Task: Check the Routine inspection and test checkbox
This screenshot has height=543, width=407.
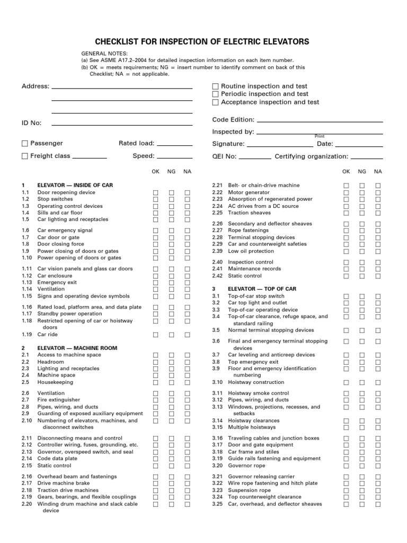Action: coord(215,86)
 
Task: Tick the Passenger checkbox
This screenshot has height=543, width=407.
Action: coord(25,143)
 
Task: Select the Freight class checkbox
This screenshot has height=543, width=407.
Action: coord(25,156)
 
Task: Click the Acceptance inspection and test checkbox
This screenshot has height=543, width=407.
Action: coord(215,102)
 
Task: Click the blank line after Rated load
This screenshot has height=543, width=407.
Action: coord(175,144)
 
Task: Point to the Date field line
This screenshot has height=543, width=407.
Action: coord(359,145)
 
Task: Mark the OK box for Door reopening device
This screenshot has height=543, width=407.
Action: coord(156,192)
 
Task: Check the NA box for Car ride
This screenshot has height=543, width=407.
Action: coord(187,335)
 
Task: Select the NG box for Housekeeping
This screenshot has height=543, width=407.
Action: coord(171,382)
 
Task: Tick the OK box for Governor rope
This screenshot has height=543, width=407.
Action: coord(346,466)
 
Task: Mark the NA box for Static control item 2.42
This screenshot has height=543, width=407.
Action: coord(378,276)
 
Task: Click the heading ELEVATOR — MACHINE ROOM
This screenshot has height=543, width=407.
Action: coord(77,348)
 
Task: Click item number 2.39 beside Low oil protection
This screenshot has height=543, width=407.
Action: coord(217,251)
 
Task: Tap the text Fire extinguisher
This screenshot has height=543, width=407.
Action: coord(59,400)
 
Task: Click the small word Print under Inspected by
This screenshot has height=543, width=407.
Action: coord(319,136)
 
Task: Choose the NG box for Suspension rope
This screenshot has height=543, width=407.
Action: coord(362,491)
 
